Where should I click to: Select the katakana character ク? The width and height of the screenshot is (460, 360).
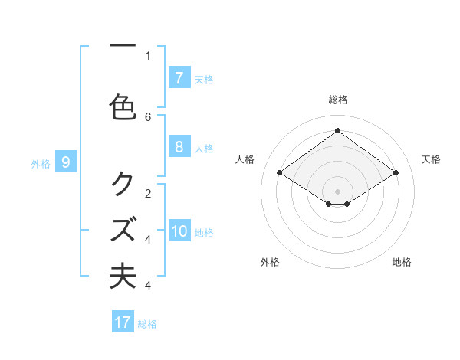pos(123,183)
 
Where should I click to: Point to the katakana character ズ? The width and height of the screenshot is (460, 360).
pos(123,229)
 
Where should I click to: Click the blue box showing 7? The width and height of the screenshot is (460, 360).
pos(179,78)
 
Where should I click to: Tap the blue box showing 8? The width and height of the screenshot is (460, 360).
pos(179,148)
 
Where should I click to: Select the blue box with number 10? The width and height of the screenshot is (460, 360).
pos(179,232)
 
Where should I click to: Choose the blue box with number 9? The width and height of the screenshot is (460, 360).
pos(66,162)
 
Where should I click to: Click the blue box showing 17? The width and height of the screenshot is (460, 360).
pos(123,322)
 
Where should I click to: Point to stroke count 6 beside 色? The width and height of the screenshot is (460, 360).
pos(148,116)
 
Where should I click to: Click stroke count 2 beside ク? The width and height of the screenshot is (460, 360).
pos(148,193)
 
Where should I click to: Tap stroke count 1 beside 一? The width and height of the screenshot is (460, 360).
pos(148,55)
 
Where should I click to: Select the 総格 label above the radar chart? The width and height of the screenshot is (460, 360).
pos(337,100)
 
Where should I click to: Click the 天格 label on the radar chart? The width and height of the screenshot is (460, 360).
pos(431,159)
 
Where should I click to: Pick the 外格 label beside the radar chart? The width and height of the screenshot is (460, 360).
pos(270,262)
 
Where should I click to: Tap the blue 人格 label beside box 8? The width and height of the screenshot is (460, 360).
pos(204,149)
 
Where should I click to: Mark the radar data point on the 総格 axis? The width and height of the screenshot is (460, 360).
pos(337,130)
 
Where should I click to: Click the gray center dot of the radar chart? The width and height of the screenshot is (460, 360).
pos(337,191)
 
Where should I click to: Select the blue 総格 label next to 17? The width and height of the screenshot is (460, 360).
pos(147,324)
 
